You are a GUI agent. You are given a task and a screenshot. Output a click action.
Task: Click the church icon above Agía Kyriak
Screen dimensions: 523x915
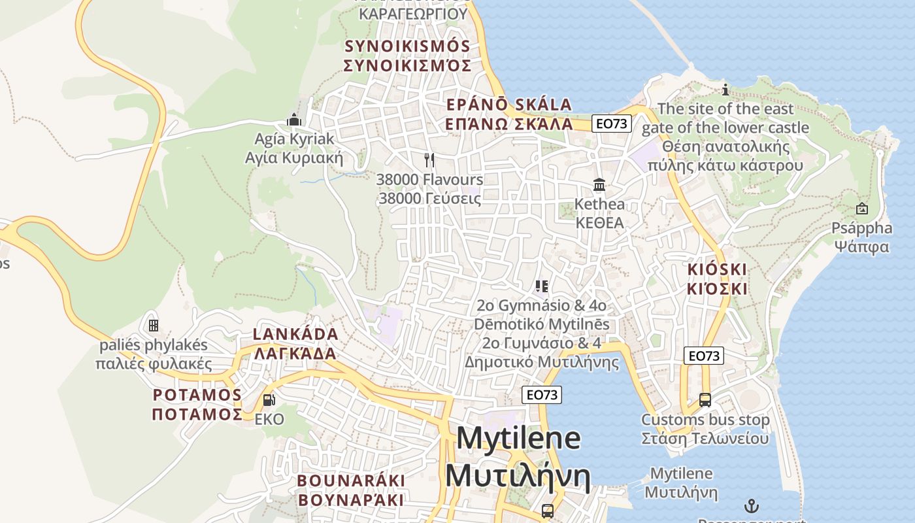(x=294, y=120)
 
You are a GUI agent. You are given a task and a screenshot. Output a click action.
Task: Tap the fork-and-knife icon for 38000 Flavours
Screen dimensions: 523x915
(x=429, y=160)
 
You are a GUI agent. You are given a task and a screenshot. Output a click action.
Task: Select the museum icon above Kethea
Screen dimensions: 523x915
(x=599, y=185)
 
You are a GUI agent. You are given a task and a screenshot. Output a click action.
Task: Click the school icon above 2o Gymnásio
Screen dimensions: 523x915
(x=541, y=286)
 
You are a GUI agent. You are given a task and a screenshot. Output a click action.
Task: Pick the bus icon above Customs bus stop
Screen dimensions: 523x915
(x=705, y=399)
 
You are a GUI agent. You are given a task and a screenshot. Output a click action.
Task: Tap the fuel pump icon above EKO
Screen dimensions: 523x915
(x=269, y=399)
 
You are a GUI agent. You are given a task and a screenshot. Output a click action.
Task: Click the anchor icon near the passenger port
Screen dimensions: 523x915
(x=752, y=505)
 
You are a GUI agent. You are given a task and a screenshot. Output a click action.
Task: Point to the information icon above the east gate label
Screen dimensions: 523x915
(x=725, y=90)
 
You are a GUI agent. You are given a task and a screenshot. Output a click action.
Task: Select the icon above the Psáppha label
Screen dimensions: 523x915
(x=862, y=209)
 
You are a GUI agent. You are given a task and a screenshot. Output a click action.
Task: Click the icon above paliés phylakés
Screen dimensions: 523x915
(x=154, y=325)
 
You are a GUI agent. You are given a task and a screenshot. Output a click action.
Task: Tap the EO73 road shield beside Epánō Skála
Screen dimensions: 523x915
(x=612, y=123)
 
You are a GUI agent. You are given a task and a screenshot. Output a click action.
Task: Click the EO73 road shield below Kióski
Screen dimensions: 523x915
(x=704, y=356)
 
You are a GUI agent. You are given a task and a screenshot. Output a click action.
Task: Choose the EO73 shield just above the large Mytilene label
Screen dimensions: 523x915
(x=542, y=395)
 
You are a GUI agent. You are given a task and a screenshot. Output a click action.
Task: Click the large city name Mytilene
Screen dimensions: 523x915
(x=518, y=438)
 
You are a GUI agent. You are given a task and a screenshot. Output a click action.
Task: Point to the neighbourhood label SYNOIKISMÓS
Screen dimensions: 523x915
(x=407, y=46)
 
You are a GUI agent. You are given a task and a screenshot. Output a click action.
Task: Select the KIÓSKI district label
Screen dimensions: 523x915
(x=717, y=269)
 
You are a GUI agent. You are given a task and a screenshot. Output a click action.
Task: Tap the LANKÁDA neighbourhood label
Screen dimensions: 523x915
(x=295, y=335)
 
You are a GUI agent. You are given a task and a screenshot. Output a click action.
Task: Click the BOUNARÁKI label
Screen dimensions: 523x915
(x=351, y=481)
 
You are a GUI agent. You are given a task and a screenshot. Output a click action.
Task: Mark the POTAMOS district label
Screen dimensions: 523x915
(x=197, y=396)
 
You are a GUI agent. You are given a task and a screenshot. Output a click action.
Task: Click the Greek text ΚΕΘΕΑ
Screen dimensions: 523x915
(x=599, y=223)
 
